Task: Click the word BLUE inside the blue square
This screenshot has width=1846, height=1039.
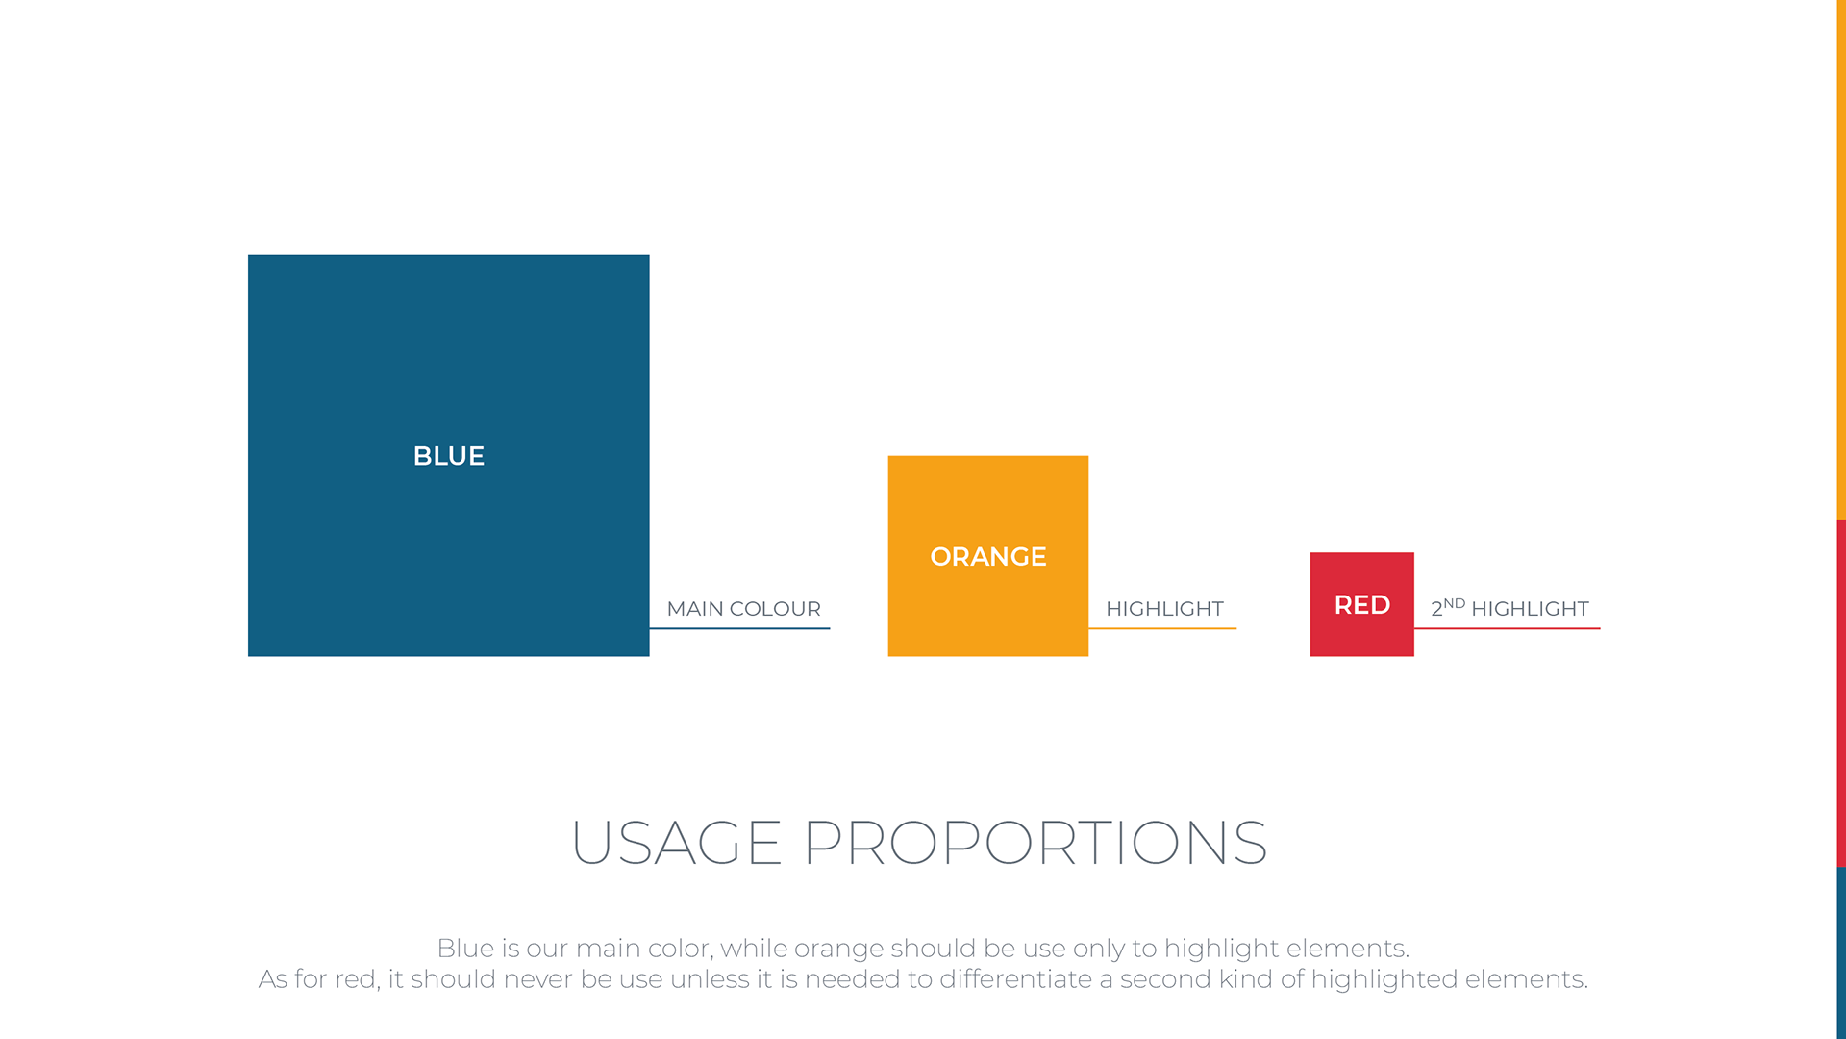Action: click(449, 456)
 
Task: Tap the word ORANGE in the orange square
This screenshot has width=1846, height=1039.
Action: click(988, 557)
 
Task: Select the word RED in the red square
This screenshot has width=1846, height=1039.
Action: click(1362, 605)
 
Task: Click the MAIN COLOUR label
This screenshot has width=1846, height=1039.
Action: click(744, 609)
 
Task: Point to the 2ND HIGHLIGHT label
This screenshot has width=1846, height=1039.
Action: click(1509, 608)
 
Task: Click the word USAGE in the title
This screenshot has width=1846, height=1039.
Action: click(676, 843)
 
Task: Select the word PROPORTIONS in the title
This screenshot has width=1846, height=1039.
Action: click(1035, 843)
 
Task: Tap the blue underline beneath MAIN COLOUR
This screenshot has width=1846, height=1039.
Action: click(739, 628)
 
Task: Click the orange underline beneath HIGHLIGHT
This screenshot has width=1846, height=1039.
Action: click(1162, 628)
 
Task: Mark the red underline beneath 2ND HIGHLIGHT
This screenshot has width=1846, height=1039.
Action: click(1507, 628)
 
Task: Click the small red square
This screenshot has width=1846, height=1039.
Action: click(1362, 604)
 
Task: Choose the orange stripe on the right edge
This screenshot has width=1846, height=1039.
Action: click(1841, 260)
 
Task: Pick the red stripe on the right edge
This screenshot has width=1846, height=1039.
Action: click(1841, 694)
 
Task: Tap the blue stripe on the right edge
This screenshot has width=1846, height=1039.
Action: click(1841, 953)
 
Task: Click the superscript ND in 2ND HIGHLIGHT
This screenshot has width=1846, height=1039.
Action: click(1455, 603)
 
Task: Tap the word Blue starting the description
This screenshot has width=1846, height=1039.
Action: click(465, 949)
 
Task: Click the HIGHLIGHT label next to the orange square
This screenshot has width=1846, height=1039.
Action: click(1164, 609)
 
